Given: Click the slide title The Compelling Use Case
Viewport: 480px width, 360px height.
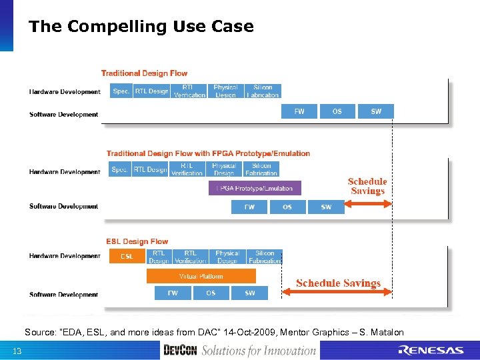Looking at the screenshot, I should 141,27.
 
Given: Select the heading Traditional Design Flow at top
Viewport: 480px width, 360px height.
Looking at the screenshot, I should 144,73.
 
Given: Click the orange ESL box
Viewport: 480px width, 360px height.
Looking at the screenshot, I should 127,257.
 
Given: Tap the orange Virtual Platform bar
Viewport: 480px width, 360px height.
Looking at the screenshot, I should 201,275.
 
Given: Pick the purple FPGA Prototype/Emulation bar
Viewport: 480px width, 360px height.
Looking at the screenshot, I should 255,189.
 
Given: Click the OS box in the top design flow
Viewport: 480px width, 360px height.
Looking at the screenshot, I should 337,111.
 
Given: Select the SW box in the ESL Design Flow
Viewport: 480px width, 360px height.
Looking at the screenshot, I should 249,293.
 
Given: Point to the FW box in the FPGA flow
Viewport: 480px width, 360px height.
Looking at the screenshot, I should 249,207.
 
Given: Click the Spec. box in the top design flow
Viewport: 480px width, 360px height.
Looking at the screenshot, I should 121,91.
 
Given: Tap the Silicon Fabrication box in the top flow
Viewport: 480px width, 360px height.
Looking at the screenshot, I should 263,91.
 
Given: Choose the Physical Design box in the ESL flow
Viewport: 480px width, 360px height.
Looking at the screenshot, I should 227,257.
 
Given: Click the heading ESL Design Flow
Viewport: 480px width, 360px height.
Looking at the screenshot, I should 137,241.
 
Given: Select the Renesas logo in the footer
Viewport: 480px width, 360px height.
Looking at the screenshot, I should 431,351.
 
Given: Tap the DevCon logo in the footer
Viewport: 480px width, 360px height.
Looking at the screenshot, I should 180,350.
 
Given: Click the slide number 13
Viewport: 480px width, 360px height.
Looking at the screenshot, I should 17,351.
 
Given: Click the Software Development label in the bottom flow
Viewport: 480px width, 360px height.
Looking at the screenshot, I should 64,295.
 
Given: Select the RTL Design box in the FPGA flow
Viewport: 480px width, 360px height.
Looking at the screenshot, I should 150,170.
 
